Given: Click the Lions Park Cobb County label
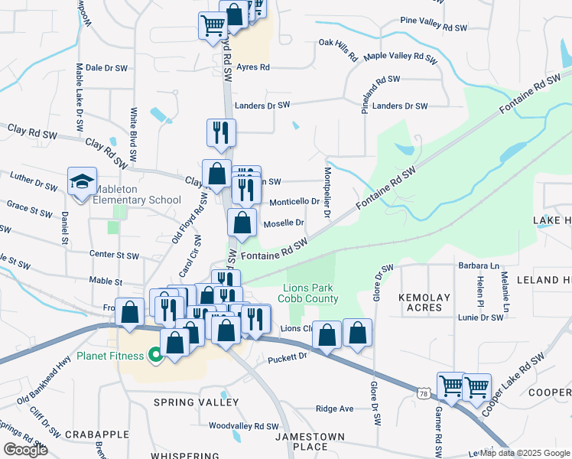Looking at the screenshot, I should [310, 293].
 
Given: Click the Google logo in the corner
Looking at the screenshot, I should [25, 449].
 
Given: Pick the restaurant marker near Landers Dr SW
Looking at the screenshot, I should [220, 132].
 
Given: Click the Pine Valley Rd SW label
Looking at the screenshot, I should [433, 26].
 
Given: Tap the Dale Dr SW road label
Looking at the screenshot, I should [106, 68].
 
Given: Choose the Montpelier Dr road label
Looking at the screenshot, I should [327, 192].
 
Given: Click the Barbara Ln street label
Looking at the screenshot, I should [479, 266].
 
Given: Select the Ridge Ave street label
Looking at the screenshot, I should [335, 409].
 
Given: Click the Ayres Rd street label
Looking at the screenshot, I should [253, 67].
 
